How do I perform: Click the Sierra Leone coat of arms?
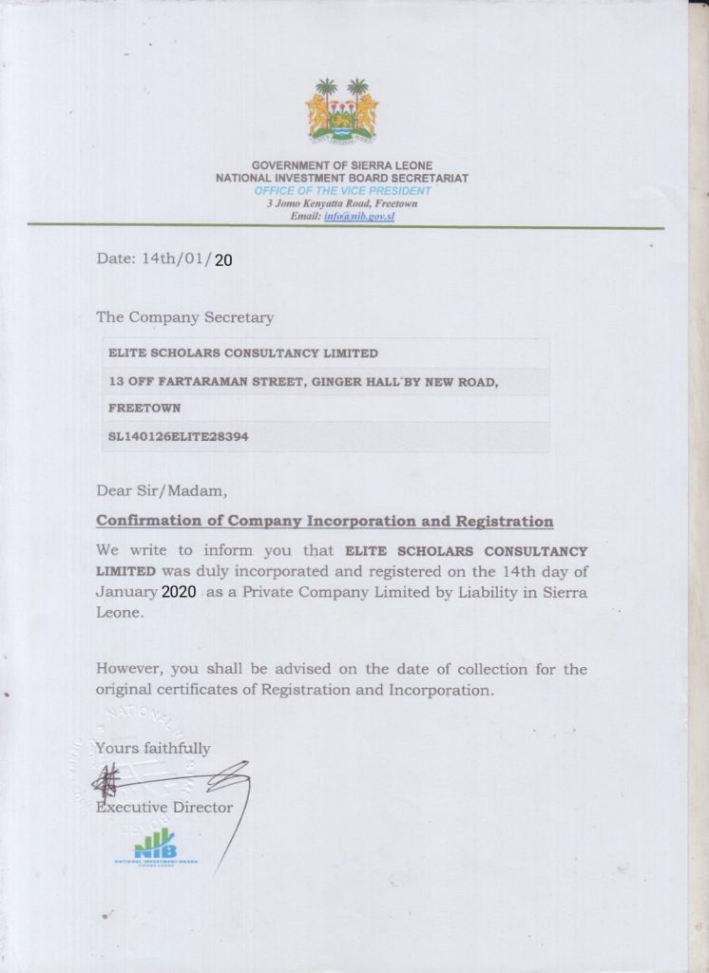point(341,112)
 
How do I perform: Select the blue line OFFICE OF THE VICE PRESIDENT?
point(341,190)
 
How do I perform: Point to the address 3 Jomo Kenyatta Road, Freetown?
point(342,203)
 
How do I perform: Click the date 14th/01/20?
point(165,259)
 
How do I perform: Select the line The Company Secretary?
point(184,317)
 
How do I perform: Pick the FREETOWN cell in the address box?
point(145,410)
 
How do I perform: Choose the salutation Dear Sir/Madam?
point(163,491)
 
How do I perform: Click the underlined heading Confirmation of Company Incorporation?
point(324,522)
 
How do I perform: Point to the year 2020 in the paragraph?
point(178,591)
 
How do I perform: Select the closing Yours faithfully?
point(153,748)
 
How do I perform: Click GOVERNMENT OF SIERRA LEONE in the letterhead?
point(342,166)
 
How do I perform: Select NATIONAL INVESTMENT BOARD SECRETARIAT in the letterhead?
point(342,178)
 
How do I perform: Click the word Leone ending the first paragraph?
point(120,613)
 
